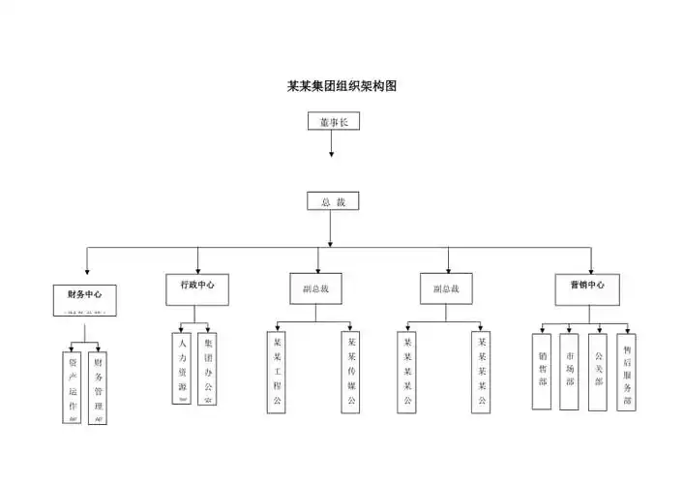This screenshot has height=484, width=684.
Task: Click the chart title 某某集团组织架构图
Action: point(342,85)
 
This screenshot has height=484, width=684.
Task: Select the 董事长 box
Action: point(332,122)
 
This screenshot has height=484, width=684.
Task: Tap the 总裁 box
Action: point(332,202)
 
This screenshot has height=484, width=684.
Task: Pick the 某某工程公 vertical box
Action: point(277,372)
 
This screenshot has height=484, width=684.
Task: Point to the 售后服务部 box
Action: point(626,372)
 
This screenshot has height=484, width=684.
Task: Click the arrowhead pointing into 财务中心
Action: point(86,269)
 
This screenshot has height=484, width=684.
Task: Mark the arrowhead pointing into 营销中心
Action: point(590,269)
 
